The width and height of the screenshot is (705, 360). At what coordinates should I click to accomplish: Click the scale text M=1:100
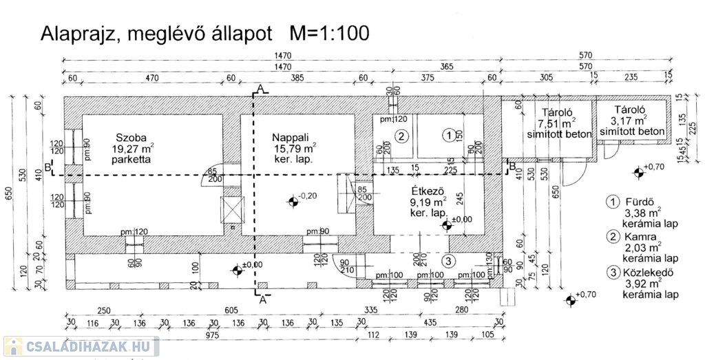pyautogui.click(x=329, y=32)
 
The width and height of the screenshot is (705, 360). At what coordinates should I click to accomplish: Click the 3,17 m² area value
pyautogui.click(x=630, y=120)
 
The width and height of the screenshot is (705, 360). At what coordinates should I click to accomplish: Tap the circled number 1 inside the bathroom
pyautogui.click(x=448, y=136)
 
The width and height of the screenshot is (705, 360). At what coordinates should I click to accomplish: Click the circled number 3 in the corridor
pyautogui.click(x=448, y=261)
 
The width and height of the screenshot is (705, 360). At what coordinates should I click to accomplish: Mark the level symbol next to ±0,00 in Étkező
pyautogui.click(x=447, y=224)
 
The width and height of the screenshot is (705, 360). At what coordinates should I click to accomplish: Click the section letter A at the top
pyautogui.click(x=260, y=88)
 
